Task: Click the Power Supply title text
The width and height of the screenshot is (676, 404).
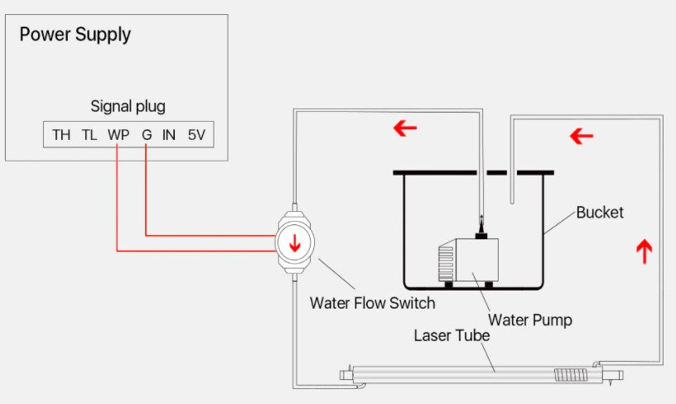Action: pos(75,35)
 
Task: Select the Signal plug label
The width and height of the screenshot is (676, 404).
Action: pos(128,107)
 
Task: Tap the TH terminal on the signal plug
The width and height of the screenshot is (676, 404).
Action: pos(61,135)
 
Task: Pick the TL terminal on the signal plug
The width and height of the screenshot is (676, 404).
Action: pos(89,135)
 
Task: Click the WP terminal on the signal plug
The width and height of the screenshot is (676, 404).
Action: pos(118,135)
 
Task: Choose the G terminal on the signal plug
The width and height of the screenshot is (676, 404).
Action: pos(147,135)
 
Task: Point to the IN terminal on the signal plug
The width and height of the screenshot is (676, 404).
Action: pos(169,135)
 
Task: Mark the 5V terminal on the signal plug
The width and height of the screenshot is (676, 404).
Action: pos(196,135)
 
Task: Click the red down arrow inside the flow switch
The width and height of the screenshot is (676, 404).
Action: pos(293,243)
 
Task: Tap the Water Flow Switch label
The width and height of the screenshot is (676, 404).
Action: pos(372,303)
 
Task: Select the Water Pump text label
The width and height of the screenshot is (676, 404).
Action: pos(530,319)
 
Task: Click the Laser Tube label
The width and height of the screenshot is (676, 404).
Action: pos(451,336)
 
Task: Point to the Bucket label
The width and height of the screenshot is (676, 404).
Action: pos(600,212)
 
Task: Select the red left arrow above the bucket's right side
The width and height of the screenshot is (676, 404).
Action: pos(582,135)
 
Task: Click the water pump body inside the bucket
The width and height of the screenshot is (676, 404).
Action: pos(472,261)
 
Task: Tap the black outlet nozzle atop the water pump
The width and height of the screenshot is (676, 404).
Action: pos(480,226)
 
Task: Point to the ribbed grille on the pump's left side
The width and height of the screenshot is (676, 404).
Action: pos(446,263)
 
